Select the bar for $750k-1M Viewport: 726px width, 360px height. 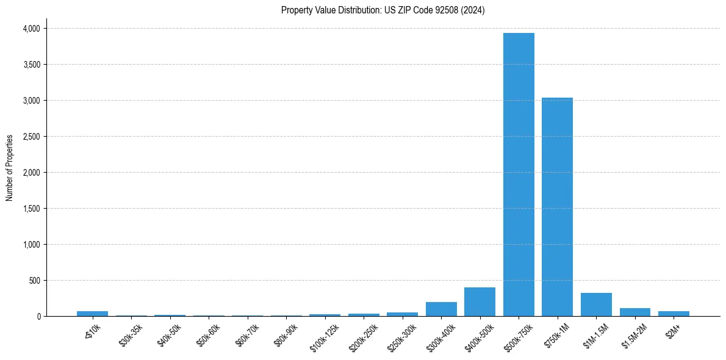coord(557,207)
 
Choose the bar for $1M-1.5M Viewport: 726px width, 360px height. coord(596,304)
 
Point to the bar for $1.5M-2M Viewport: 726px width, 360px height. coord(634,312)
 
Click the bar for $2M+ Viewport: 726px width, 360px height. coord(674,314)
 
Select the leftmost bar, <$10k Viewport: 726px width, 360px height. coord(92,314)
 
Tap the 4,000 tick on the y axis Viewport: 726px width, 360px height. coord(31,29)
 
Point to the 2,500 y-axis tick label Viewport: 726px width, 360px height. coord(31,137)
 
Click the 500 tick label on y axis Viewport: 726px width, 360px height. coord(34,281)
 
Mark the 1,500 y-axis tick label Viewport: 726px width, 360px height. coord(31,209)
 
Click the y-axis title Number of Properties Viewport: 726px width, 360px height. coord(10,167)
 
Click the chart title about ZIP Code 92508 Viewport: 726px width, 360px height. coord(383,10)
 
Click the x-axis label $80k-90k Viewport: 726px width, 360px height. coord(286,333)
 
